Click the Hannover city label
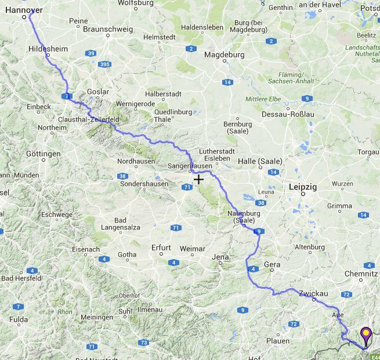[24, 10]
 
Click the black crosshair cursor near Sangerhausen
[198, 179]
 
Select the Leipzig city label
[302, 187]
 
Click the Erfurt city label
[161, 248]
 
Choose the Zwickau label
[313, 294]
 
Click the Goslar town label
[97, 92]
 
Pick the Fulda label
[19, 319]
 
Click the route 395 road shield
[104, 64]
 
